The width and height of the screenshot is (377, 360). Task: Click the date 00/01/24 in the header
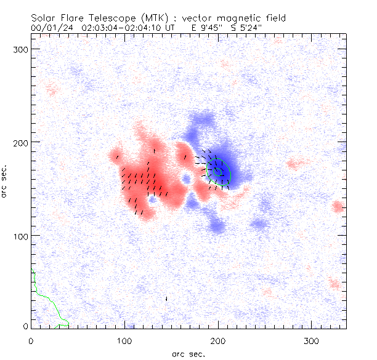(51, 28)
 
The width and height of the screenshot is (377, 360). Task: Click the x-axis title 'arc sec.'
(188, 354)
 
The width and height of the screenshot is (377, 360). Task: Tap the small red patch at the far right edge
(337, 206)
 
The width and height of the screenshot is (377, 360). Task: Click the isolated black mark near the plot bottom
(166, 298)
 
